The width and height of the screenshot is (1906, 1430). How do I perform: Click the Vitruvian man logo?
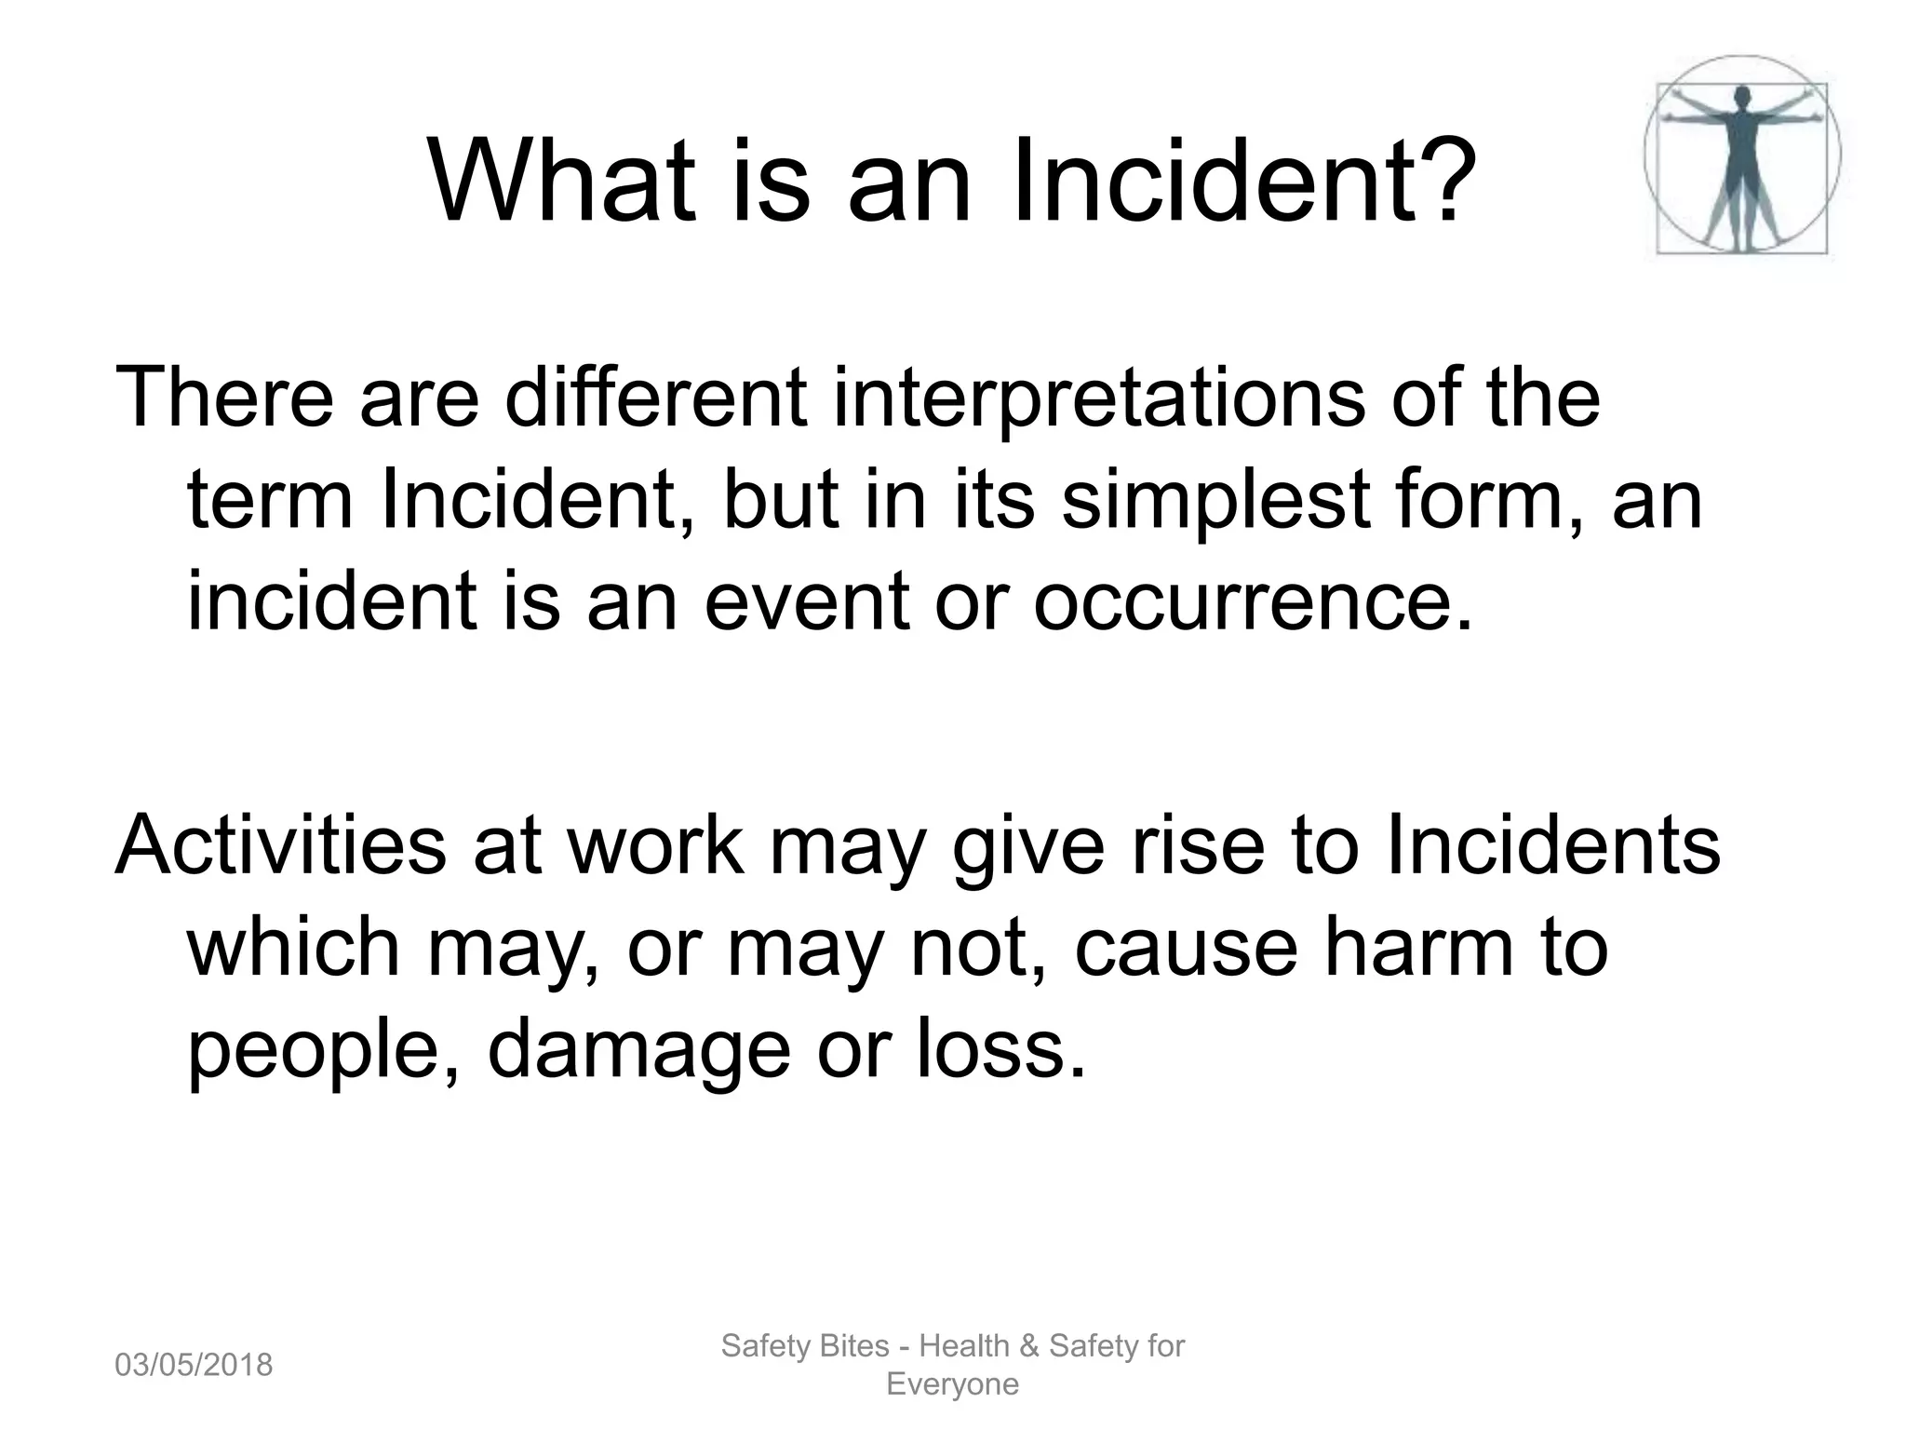click(x=1741, y=155)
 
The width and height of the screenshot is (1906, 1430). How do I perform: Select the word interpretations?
click(x=1098, y=398)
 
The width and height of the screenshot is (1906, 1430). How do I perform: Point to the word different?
click(x=655, y=398)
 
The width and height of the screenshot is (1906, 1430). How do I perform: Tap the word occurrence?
click(x=1253, y=602)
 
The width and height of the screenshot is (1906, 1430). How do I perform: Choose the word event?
click(x=806, y=602)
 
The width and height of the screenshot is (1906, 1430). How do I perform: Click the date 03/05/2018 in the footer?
click(x=194, y=1366)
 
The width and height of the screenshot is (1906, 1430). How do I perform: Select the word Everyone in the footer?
click(x=952, y=1384)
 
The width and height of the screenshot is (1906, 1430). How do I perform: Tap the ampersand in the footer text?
click(x=1028, y=1346)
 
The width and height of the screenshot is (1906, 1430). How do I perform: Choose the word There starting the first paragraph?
click(x=223, y=398)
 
